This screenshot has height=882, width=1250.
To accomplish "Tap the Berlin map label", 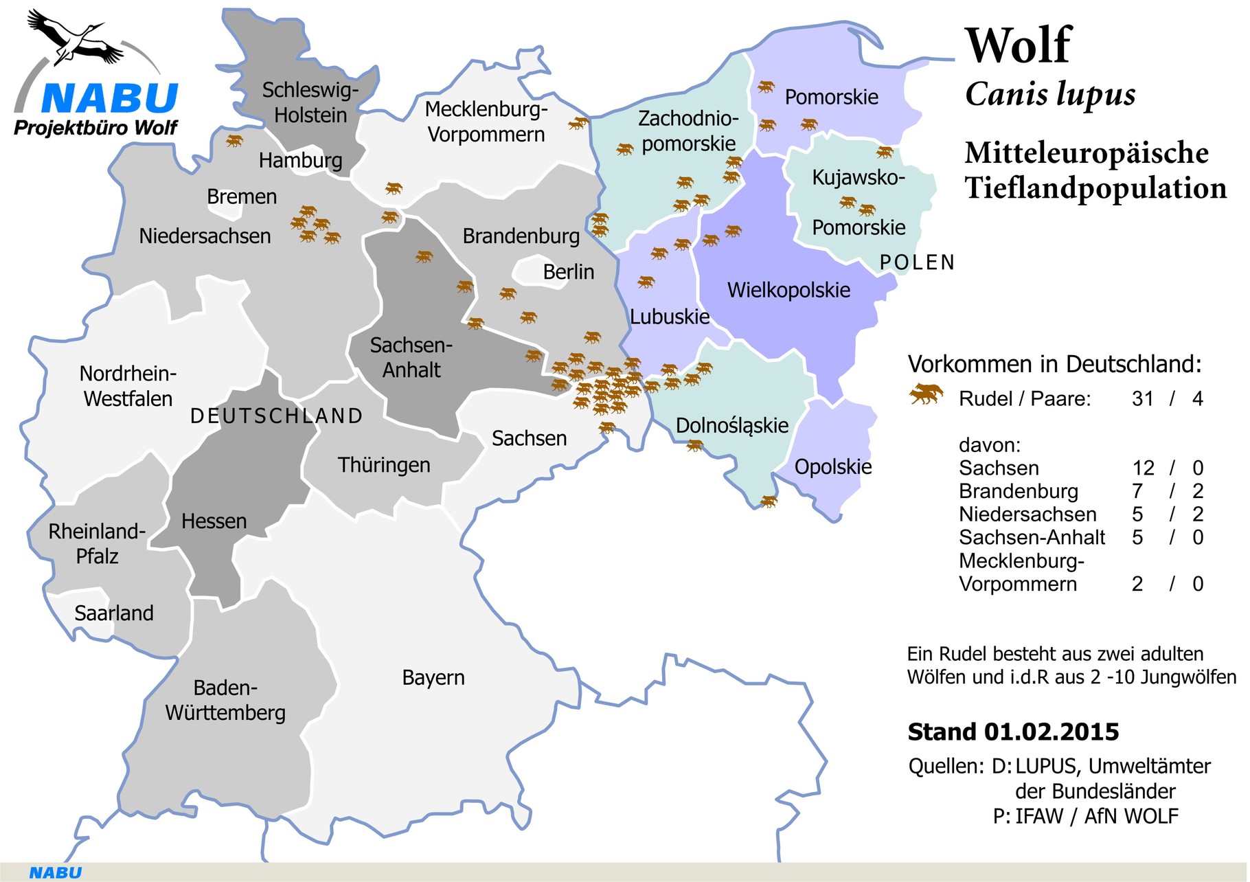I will pos(568,272).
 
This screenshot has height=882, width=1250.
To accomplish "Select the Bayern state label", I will pos(433,678).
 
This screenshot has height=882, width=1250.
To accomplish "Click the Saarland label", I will pos(113,613).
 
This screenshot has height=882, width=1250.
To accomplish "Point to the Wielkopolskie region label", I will pos(788,290).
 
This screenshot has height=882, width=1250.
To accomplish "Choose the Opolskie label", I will pos(832,467).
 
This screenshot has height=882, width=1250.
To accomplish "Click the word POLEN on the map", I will pos(917,262).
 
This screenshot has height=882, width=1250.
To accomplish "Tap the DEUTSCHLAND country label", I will pos(276,416).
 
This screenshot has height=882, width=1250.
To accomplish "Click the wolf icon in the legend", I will pos(925,395).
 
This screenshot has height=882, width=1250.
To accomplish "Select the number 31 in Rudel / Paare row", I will pos(1142,398).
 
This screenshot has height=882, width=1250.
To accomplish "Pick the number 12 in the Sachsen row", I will pos(1143,468).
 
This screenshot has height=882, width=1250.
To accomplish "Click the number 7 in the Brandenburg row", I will pos(1137,491).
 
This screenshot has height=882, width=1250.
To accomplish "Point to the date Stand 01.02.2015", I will pos(1013,732).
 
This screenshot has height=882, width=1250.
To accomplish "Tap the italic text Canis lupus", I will pos(1049,94).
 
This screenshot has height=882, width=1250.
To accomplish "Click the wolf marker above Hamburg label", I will pos(235,141).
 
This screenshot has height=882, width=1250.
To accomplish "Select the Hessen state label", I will pos(214,521).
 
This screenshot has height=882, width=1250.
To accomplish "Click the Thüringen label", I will pos(384,465).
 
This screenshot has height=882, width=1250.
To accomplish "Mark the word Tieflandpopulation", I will pos(1095,188).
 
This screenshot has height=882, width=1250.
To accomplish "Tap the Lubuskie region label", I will pos(670,317).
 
